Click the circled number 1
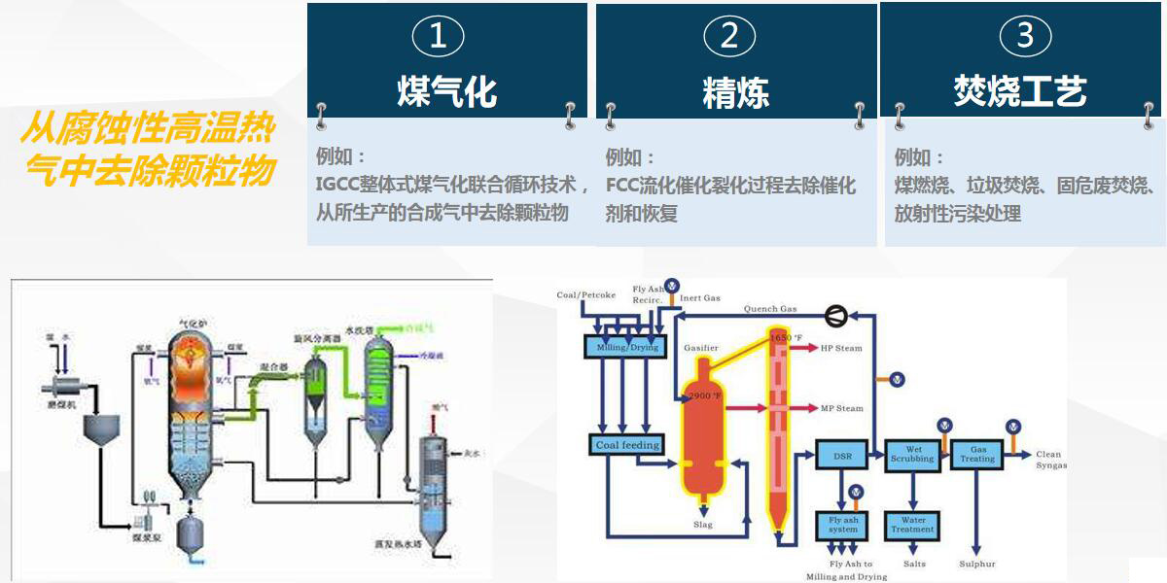tap(438, 37)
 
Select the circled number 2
tap(729, 37)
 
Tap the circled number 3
tap(1024, 37)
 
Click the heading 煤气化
tap(447, 92)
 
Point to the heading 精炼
tap(736, 93)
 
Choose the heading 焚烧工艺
tap(1020, 91)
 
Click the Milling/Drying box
tap(622, 347)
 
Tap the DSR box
tap(843, 456)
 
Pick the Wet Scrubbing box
tap(912, 455)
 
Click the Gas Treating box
tap(978, 455)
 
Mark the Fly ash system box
tap(843, 525)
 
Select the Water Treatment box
tap(912, 525)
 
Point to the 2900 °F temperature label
tap(705, 396)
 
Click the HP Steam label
tap(841, 348)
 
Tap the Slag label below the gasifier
tap(703, 525)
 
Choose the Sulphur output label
tap(977, 565)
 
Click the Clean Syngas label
tap(1050, 460)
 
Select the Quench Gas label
tap(770, 309)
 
